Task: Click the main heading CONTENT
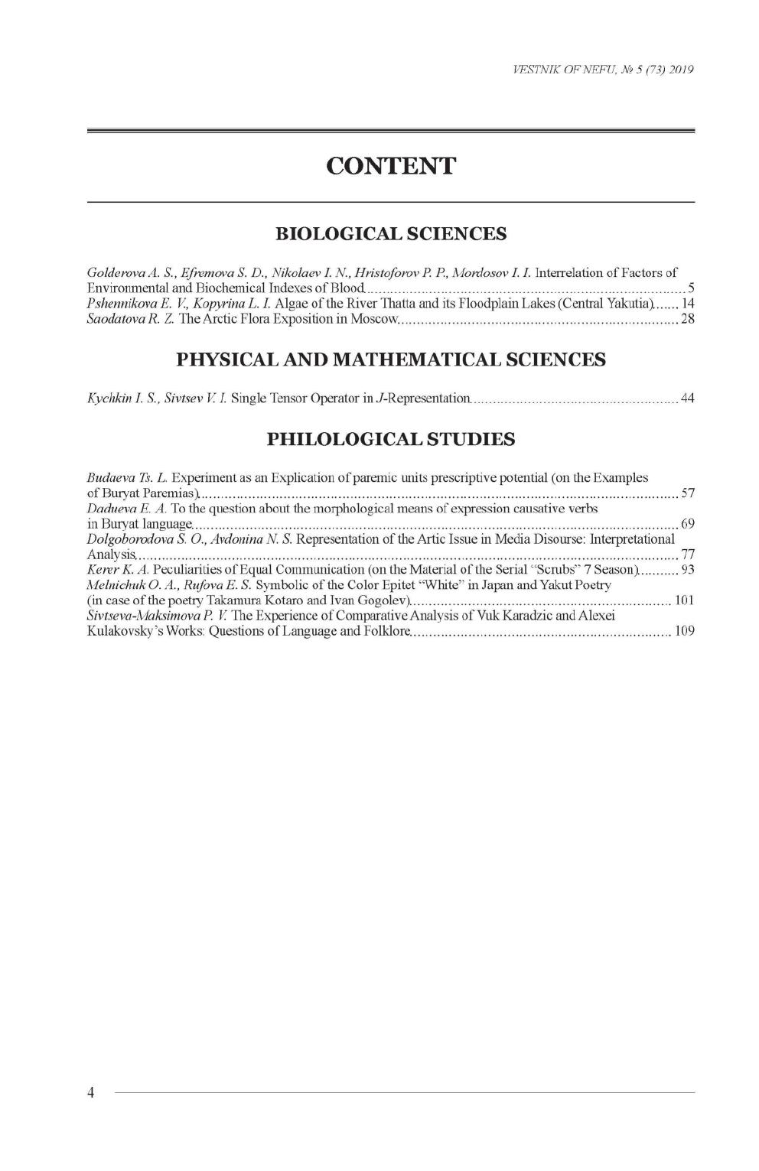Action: pos(390,166)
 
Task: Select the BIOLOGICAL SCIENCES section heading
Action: pos(390,233)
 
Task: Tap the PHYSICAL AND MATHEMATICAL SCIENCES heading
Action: pos(390,359)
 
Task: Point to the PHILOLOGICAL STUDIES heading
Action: pos(390,439)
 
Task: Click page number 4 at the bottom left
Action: pos(91,1092)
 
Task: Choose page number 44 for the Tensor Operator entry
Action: pos(687,398)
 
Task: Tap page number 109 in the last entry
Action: pos(684,633)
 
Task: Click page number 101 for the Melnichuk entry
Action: pos(684,600)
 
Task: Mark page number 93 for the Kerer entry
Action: pos(687,570)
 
